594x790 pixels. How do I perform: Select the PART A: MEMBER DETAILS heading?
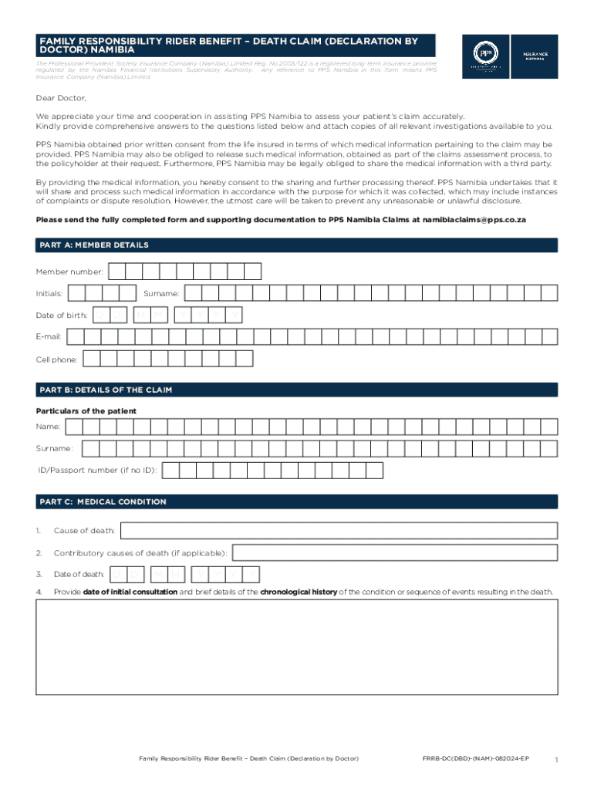click(x=94, y=245)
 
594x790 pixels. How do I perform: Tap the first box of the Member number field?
click(x=117, y=272)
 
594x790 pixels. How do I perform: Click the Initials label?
click(x=49, y=293)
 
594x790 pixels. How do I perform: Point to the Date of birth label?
click(x=61, y=315)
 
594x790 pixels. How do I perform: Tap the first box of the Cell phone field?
click(x=92, y=359)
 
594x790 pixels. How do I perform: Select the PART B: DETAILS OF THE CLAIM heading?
click(x=106, y=390)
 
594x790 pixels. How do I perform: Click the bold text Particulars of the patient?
click(x=86, y=411)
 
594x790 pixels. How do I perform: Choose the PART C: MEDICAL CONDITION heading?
click(x=103, y=502)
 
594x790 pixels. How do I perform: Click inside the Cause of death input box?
click(x=339, y=531)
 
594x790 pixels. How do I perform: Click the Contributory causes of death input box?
click(x=394, y=552)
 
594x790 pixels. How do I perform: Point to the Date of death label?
click(x=79, y=574)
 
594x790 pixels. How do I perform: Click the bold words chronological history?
click(x=299, y=592)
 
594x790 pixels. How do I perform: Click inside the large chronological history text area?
click(x=297, y=647)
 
